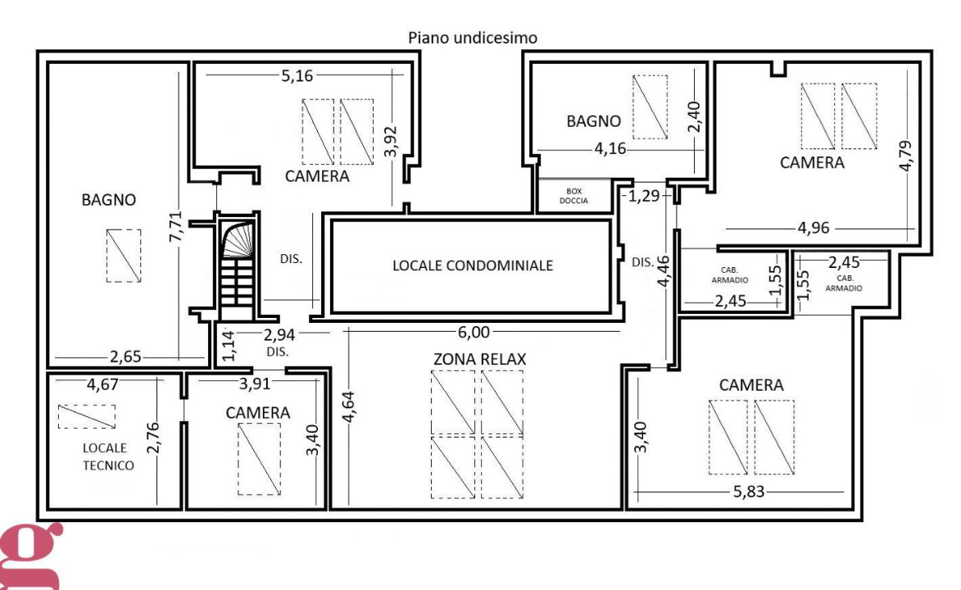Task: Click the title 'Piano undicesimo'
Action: pyautogui.click(x=473, y=38)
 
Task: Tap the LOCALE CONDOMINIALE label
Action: pyautogui.click(x=473, y=265)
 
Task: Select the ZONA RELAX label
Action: pyautogui.click(x=480, y=359)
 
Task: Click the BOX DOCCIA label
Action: pyautogui.click(x=573, y=197)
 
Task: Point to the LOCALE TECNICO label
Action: pyautogui.click(x=108, y=457)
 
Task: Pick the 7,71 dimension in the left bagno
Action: pyautogui.click(x=175, y=226)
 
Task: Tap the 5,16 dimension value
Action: pyautogui.click(x=297, y=75)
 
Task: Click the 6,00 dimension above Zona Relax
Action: pyautogui.click(x=474, y=332)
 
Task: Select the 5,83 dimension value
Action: pyautogui.click(x=748, y=492)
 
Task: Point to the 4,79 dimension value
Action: pyautogui.click(x=905, y=157)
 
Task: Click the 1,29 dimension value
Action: pyautogui.click(x=642, y=197)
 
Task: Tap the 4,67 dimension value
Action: pyautogui.click(x=102, y=384)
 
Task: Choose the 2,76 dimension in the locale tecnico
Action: pyautogui.click(x=152, y=438)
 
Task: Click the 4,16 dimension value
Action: pyautogui.click(x=610, y=148)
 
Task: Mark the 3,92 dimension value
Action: pyautogui.click(x=391, y=142)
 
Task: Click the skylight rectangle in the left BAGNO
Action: pyautogui.click(x=124, y=256)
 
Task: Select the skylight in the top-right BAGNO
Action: pyautogui.click(x=650, y=107)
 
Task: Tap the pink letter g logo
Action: pyautogui.click(x=30, y=556)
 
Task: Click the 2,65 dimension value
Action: pyautogui.click(x=125, y=356)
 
